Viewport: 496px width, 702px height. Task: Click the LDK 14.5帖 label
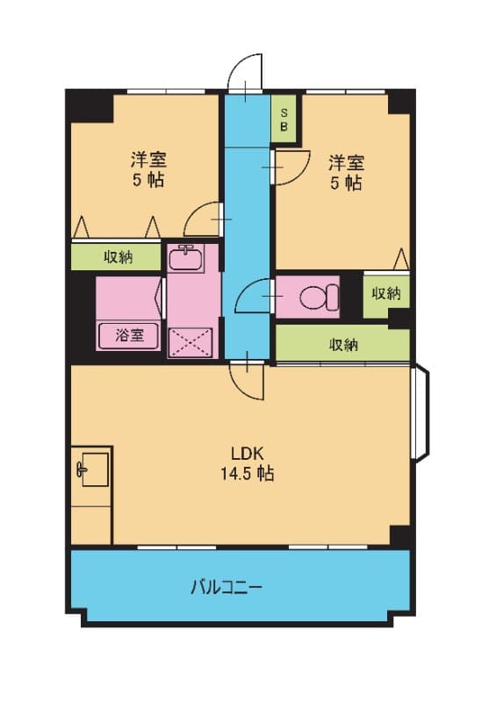252,463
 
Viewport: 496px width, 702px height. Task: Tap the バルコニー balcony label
226,587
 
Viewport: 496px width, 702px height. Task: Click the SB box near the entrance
284,118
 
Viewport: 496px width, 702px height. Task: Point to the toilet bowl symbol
318,297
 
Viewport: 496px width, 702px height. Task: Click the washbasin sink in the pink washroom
185,259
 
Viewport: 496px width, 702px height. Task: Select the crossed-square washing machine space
190,339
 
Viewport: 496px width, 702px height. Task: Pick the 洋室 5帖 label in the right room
346,172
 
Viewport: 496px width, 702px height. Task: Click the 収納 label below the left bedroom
118,257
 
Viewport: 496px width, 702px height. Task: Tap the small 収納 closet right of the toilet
385,294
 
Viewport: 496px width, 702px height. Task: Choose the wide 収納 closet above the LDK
343,344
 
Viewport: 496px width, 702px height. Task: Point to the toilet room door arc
255,294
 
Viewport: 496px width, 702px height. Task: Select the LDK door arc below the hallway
246,379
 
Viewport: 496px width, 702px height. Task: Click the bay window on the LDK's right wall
420,412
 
